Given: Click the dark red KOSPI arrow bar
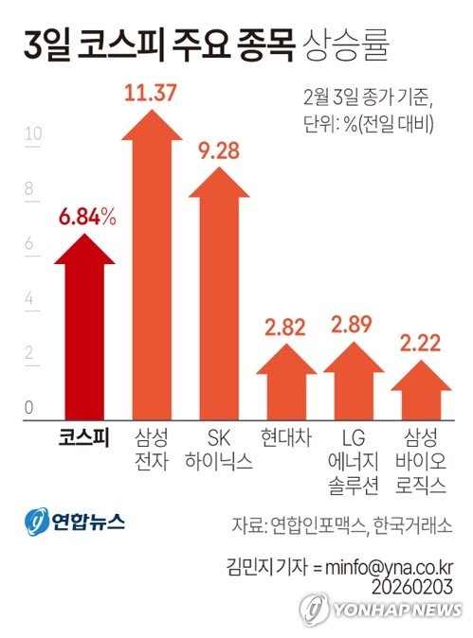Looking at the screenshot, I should click(84, 331).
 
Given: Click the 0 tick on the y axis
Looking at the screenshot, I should click(29, 408).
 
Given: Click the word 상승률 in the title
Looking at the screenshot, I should click(346, 43).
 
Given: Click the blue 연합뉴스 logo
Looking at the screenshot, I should click(74, 522).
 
